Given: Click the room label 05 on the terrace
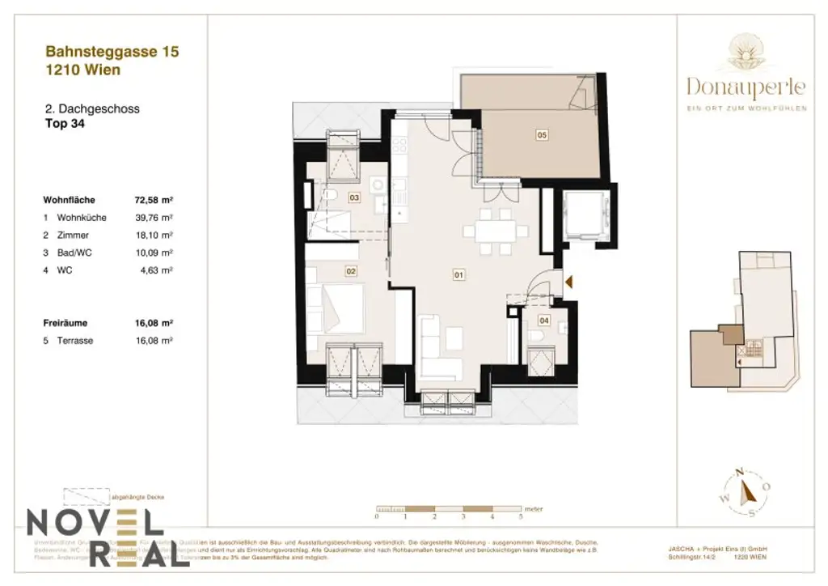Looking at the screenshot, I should point(542,135).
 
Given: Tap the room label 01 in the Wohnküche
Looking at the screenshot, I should point(458,275).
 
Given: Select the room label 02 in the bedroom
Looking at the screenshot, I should point(351,272).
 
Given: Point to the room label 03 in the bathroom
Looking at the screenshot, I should point(354,197).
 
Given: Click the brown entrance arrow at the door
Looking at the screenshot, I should point(569,282).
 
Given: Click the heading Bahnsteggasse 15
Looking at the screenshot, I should point(112,53).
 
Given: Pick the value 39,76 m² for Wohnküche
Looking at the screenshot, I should point(155,218).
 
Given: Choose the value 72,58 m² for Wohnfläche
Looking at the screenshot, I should point(155,199).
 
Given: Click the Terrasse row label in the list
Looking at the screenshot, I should point(74,341).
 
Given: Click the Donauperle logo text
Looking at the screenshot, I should point(746,85).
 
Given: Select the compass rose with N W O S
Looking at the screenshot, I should point(748,491).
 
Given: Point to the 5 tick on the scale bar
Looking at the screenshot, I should point(521,516).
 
